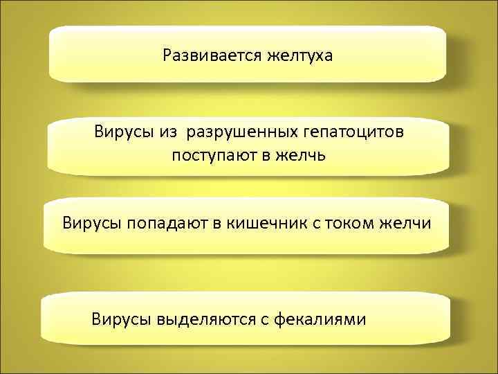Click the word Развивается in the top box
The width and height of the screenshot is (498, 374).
[x=212, y=55]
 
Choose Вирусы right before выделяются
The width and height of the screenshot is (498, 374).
[x=120, y=319]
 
